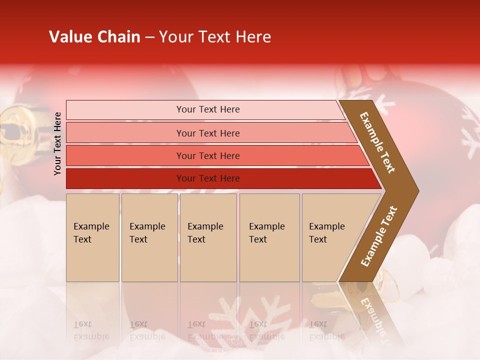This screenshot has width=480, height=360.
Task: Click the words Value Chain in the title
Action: pyautogui.click(x=94, y=37)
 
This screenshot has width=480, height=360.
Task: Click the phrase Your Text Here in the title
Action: pyautogui.click(x=215, y=37)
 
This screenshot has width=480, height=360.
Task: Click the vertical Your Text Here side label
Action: pyautogui.click(x=57, y=143)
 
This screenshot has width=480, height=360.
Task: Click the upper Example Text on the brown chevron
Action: pyautogui.click(x=377, y=142)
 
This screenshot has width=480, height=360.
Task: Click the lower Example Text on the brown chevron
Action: pyautogui.click(x=379, y=236)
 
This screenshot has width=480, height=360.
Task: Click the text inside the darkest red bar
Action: pyautogui.click(x=208, y=178)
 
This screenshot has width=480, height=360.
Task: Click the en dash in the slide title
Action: pyautogui.click(x=149, y=37)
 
